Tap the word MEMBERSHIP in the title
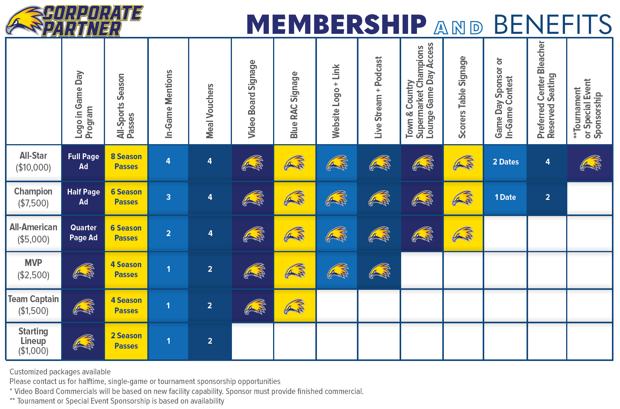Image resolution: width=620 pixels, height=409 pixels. pos(337,24)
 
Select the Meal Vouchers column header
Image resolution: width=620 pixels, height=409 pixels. pos(210,111)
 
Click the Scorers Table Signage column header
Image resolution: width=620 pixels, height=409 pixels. pos(462,97)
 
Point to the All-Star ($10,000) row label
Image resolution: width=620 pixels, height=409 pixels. pos(33,161)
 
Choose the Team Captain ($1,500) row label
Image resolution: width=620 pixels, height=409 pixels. pos(33,305)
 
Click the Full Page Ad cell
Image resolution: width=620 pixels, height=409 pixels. pos(83,161)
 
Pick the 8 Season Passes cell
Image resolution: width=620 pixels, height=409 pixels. pos(126,161)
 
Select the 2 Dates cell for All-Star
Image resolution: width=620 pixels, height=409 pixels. pos(506,162)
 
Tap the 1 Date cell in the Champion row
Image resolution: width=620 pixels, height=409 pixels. pos(505,197)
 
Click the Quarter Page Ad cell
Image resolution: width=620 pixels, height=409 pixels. pos(83,233)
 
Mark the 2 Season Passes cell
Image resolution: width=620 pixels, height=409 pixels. pos(126,341)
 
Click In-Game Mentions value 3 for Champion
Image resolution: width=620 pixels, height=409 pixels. pos(168,197)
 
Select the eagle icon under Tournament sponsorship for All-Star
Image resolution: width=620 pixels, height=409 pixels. pos(590,163)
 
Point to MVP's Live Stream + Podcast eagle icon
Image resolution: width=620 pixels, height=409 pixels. pos(379,271)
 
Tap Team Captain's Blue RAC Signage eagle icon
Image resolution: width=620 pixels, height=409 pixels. pos(295,307)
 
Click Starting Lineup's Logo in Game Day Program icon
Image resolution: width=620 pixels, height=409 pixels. pos(83,342)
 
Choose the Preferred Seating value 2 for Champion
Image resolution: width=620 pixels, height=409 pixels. pos(548,197)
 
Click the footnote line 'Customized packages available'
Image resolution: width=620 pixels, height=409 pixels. pos(60,372)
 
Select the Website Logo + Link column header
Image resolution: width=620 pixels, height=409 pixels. pos(336,101)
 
